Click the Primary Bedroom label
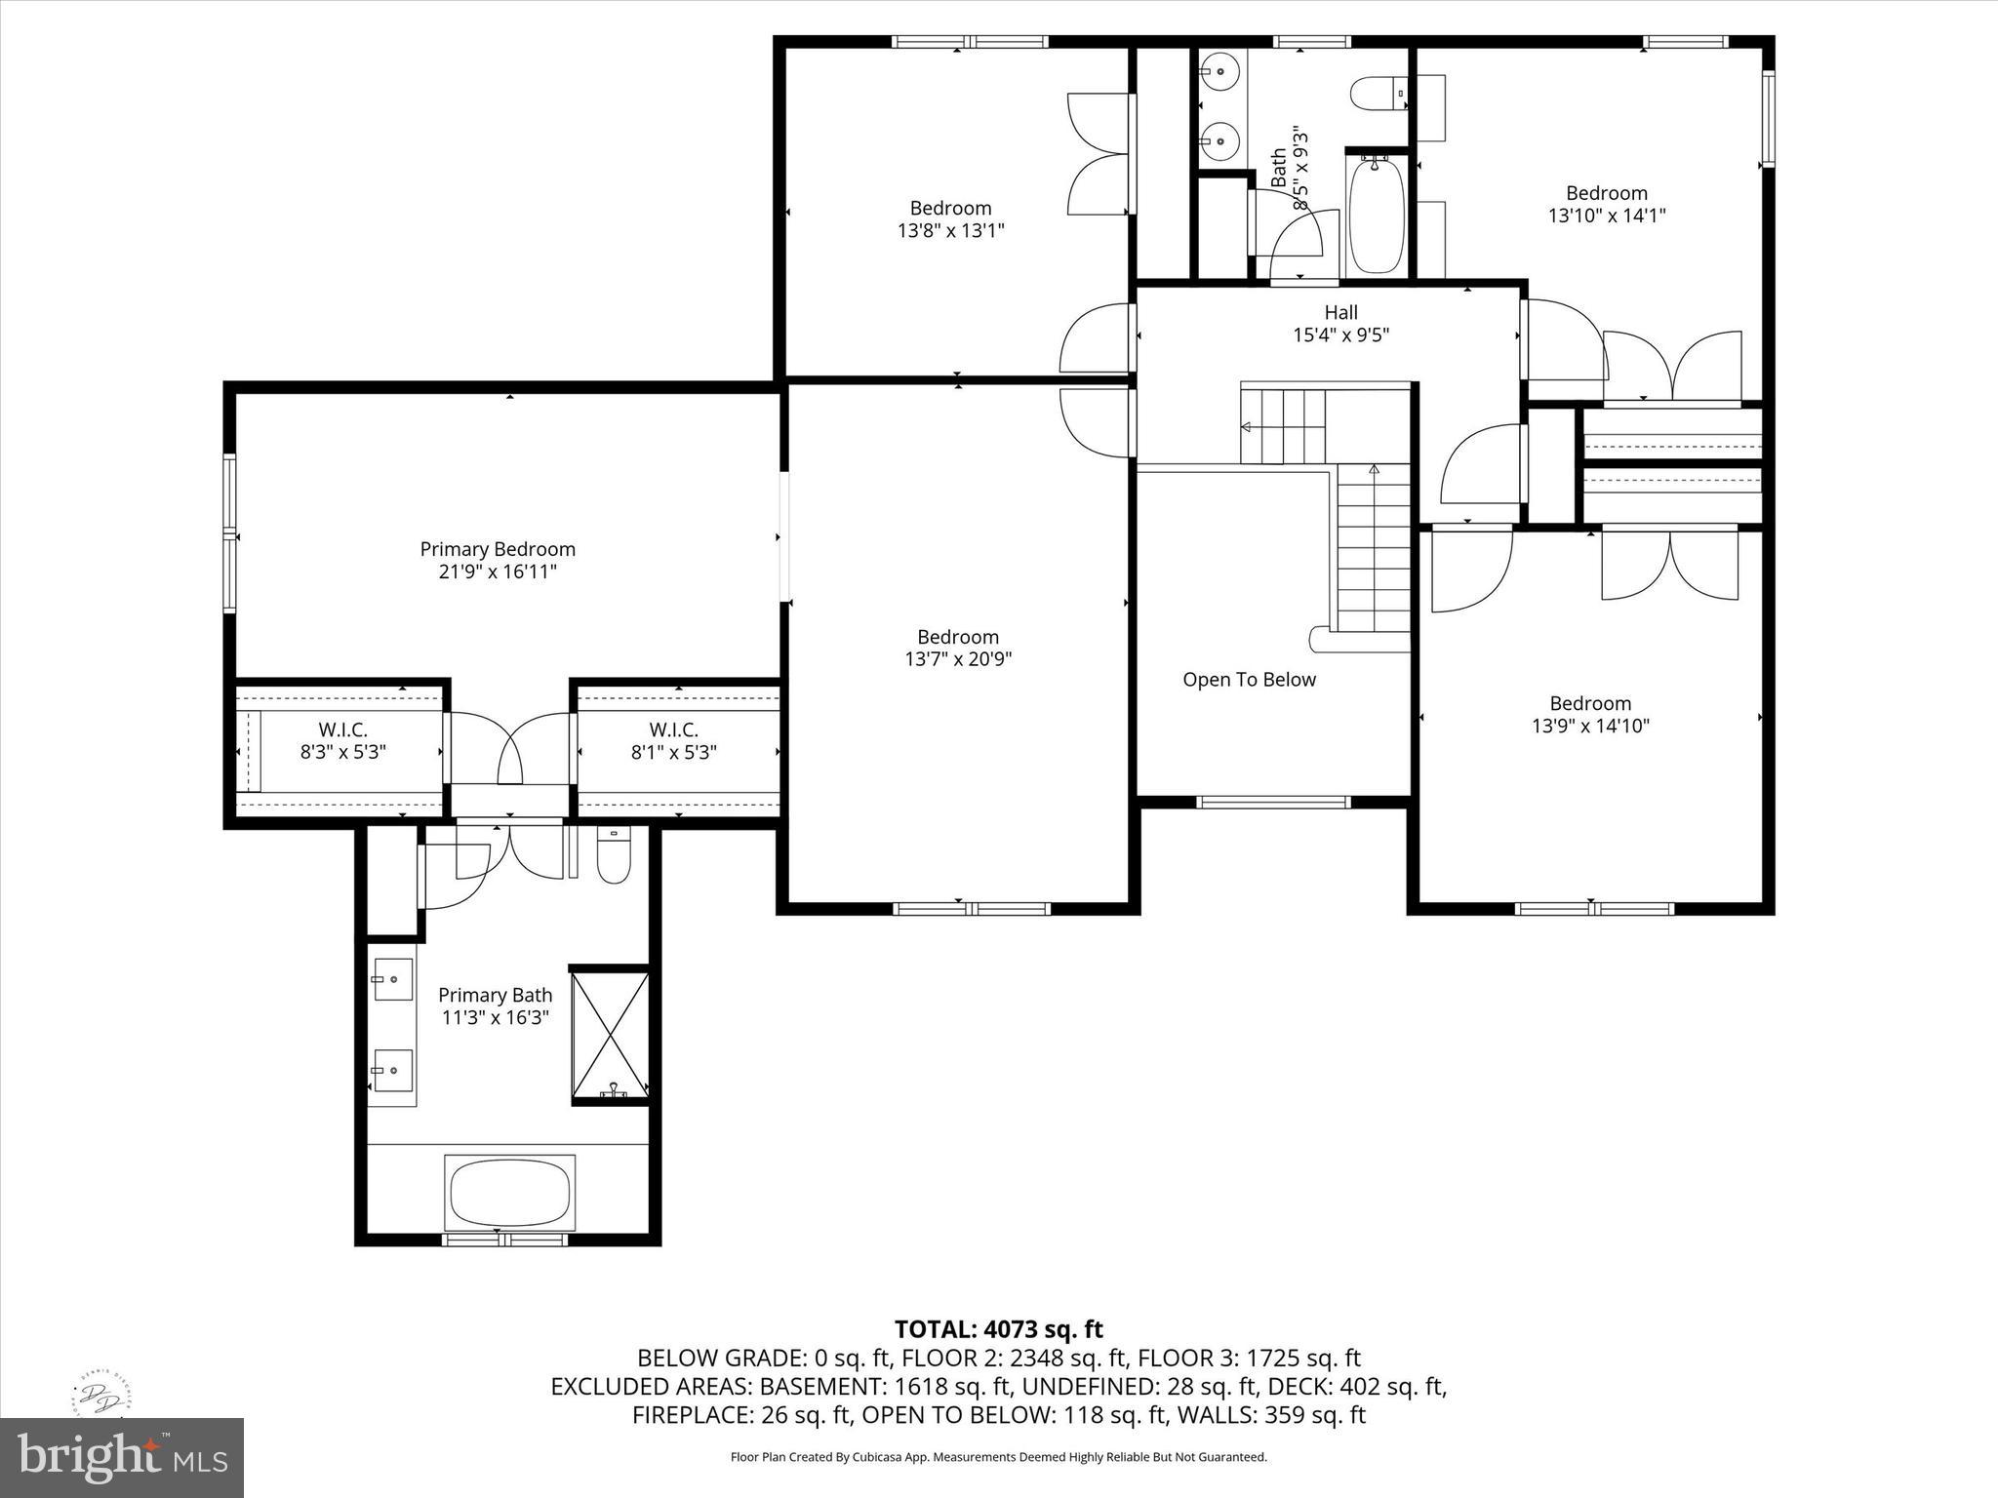coord(498,549)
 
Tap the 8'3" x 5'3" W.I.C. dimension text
coord(342,752)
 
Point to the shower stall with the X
coord(610,1035)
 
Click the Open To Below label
coord(1249,680)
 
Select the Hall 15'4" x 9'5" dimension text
coord(1340,335)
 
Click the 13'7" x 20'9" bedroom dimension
coord(958,659)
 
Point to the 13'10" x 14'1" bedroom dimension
coord(1606,216)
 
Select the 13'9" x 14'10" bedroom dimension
coord(1590,726)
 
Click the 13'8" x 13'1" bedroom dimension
coord(950,230)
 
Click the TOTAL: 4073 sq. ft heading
coord(998,1329)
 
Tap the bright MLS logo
coord(122,1457)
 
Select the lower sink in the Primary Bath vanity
coord(392,1072)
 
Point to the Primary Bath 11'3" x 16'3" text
coord(495,1017)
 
